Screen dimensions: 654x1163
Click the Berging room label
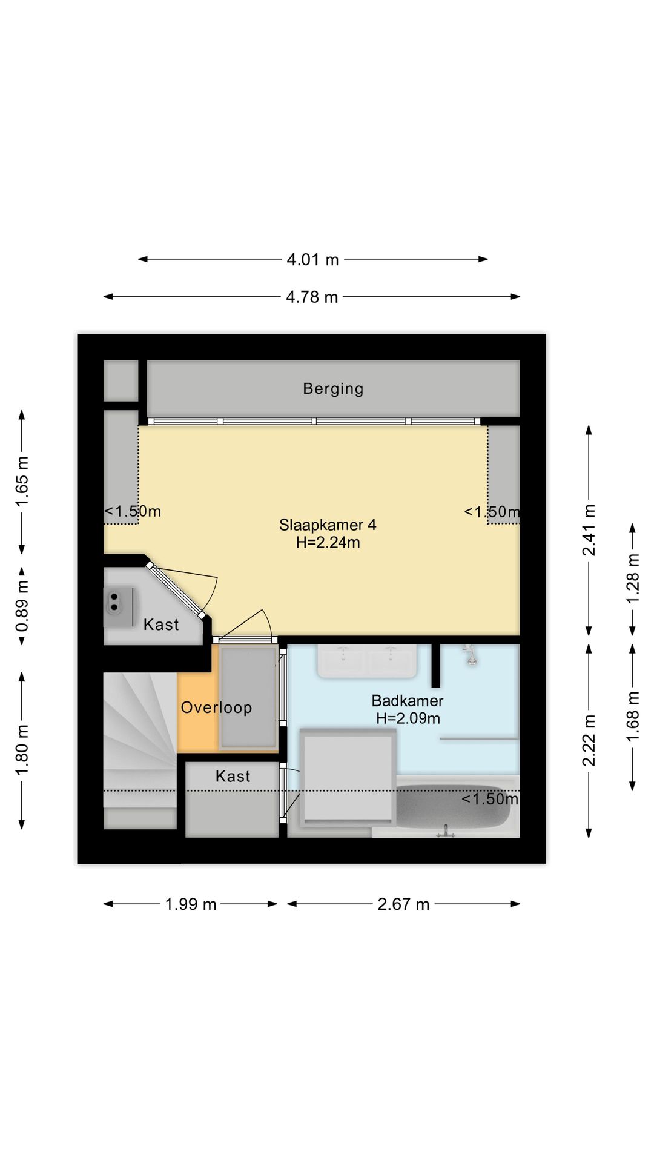pos(333,389)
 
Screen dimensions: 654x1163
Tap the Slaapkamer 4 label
pos(328,525)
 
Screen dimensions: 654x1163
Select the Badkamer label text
pos(408,701)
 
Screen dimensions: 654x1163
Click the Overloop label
pos(216,707)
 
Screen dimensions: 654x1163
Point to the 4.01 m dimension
pos(312,260)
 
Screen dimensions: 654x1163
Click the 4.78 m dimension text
pos(312,297)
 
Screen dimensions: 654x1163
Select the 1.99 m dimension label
pos(191,904)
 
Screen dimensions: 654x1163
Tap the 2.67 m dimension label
pos(403,904)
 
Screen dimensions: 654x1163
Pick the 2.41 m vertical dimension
pos(589,530)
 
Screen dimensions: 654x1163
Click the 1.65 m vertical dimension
pos(22,482)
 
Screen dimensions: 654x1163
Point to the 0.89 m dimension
pos(22,606)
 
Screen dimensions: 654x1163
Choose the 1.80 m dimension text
pos(22,750)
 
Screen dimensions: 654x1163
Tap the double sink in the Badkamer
pos(367,661)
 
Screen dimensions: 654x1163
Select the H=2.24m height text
pos(328,543)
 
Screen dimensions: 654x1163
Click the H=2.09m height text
pos(408,718)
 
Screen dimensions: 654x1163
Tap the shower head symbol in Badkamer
pos(469,655)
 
